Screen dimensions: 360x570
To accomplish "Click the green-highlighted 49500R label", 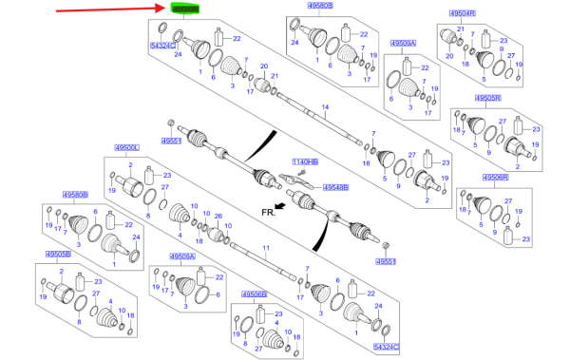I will tap(186, 9).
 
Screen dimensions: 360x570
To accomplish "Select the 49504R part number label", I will tap(462, 13).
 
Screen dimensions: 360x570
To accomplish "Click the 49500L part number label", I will tap(125, 148).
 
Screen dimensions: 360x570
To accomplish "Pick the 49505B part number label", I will tap(60, 255).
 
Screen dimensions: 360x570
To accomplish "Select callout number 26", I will tap(218, 216).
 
